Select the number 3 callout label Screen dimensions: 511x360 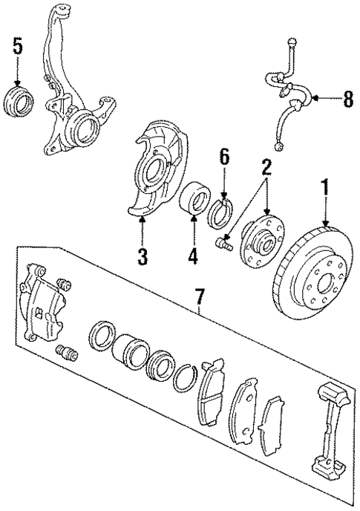143,257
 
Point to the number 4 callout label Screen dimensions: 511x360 194,257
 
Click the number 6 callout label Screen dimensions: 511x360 225,157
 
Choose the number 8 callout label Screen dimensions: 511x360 346,99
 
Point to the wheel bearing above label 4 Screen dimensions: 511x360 194,203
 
